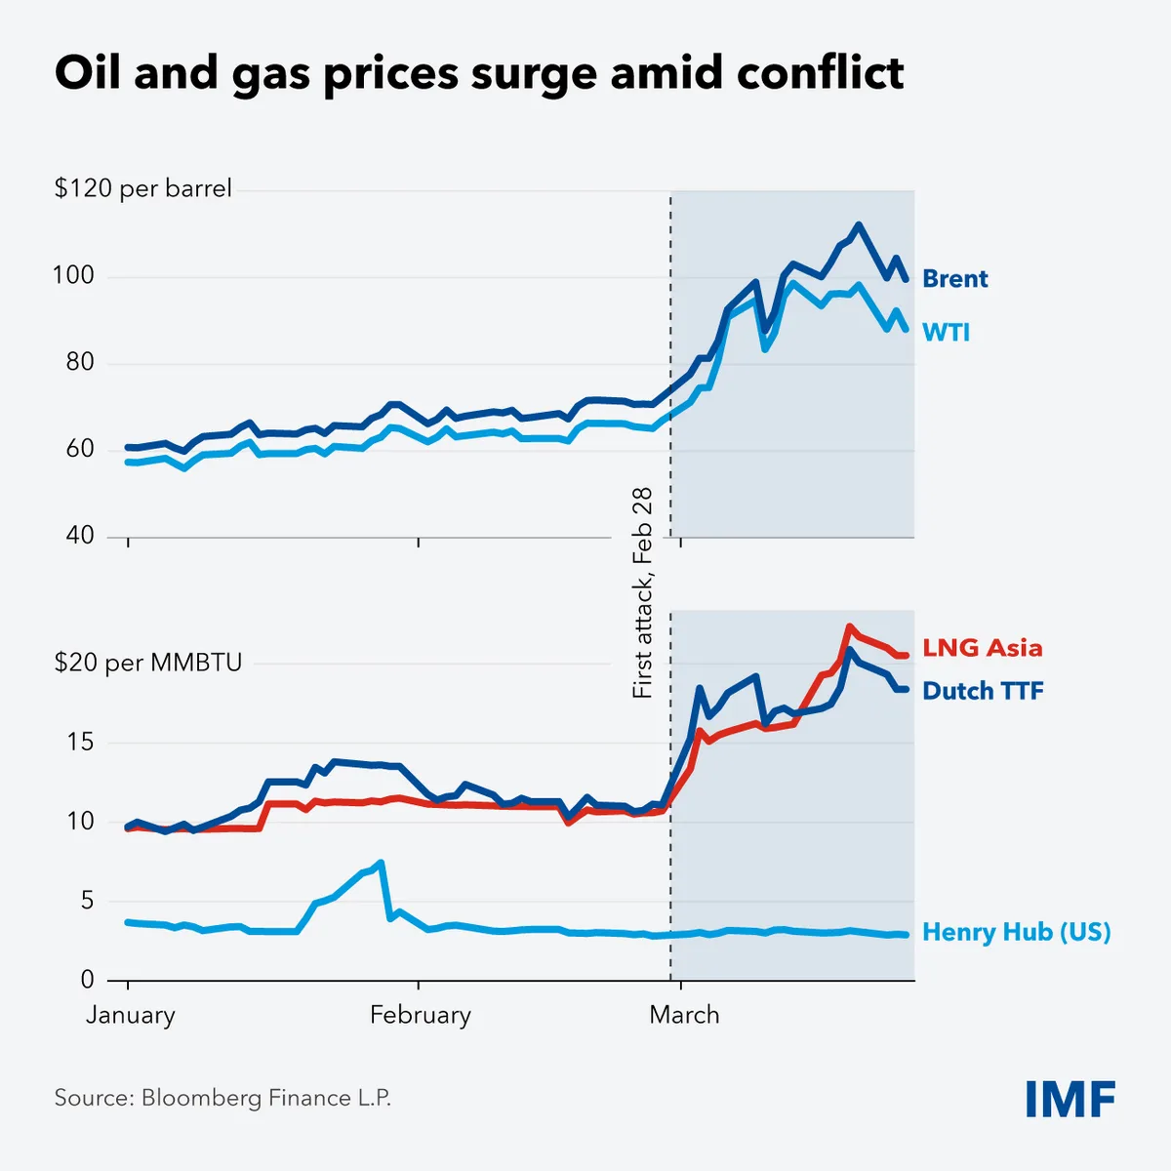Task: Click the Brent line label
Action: tap(954, 279)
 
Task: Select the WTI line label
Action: tap(946, 333)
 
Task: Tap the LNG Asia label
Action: tap(982, 648)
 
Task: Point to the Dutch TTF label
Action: tap(983, 691)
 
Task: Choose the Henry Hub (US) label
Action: tap(1016, 932)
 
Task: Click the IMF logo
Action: tap(1070, 1100)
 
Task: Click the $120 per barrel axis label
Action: tap(143, 188)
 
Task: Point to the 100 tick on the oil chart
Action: tap(73, 276)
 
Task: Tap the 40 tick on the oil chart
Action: tap(80, 536)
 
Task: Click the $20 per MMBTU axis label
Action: tap(147, 664)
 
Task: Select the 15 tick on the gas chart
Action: tap(80, 743)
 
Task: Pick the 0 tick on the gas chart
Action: tap(88, 980)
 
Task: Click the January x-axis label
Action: tap(130, 1015)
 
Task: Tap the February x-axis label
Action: tap(420, 1015)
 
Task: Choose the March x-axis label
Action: tap(684, 1015)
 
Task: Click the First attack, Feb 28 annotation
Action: tap(642, 592)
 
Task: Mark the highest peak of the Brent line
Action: tap(858, 225)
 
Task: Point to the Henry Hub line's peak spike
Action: tap(381, 863)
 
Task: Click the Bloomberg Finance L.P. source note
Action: tap(222, 1098)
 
